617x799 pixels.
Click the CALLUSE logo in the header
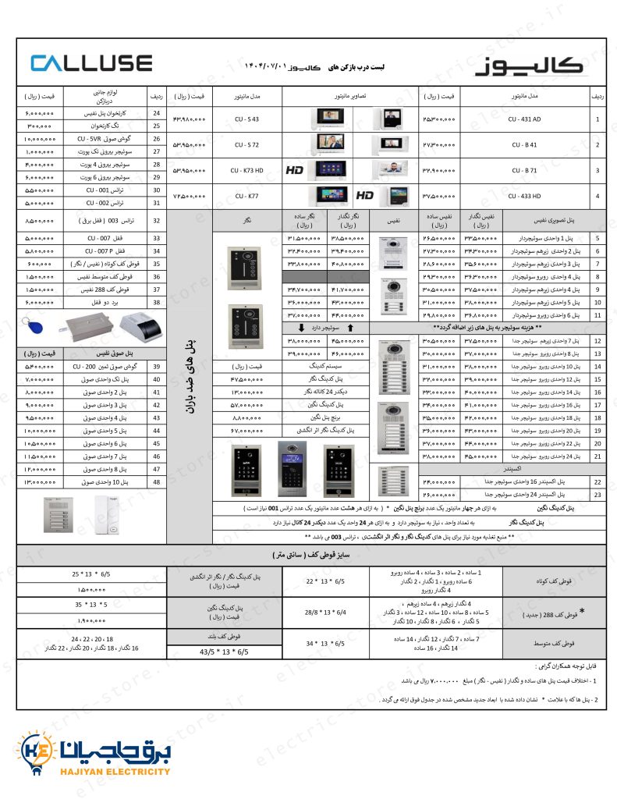[x=91, y=62]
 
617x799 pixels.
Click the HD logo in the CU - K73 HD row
[x=294, y=170]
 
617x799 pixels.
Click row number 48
[x=156, y=482]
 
